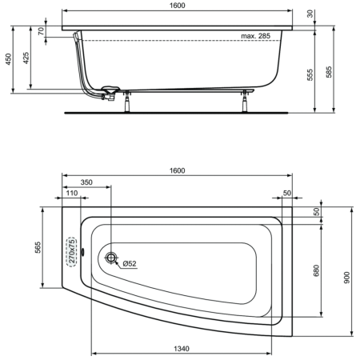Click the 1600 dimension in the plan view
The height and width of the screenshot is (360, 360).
click(177, 170)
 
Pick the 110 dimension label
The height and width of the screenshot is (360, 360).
click(72, 194)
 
